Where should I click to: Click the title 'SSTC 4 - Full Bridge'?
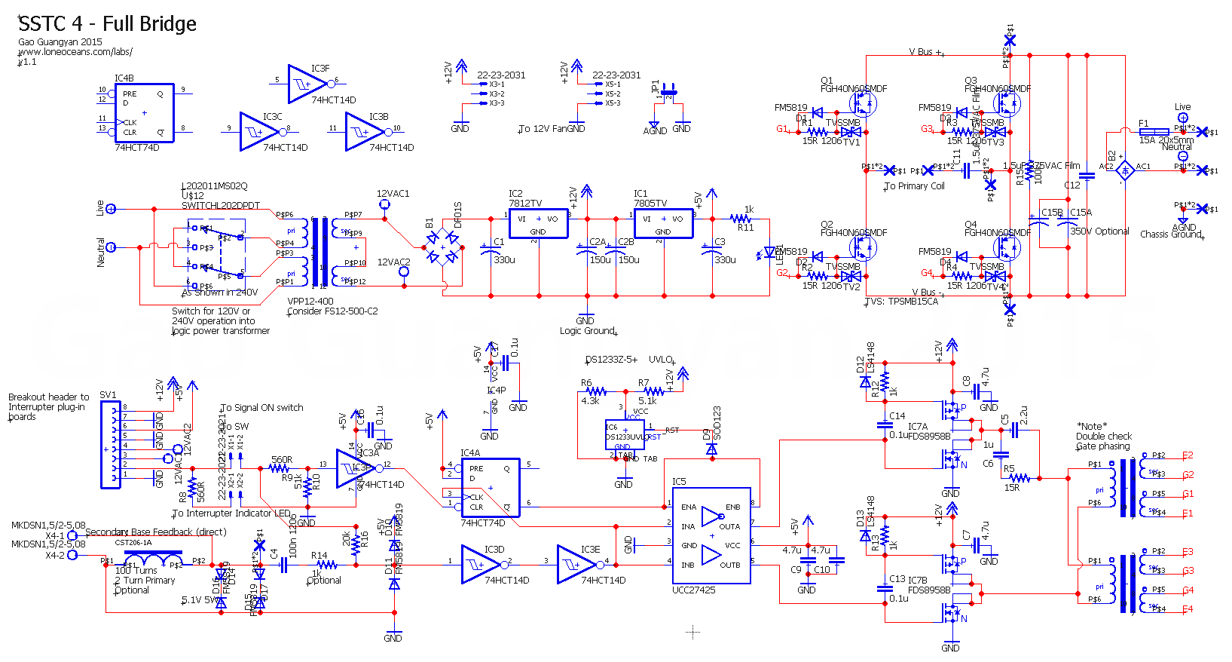(107, 24)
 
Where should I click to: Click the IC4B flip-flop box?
(144, 113)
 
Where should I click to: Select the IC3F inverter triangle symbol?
(307, 84)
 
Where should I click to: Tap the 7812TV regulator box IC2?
(538, 223)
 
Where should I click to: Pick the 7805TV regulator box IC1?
(663, 223)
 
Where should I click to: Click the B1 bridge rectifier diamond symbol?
(443, 248)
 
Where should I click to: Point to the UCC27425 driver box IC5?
(711, 535)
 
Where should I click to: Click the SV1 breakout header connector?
(110, 446)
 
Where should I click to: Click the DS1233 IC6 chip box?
(625, 435)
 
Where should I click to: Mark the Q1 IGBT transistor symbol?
(863, 103)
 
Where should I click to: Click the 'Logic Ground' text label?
(587, 331)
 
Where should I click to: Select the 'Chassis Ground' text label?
(1171, 234)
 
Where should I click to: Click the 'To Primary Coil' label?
(915, 186)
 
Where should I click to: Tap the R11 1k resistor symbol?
(741, 219)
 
